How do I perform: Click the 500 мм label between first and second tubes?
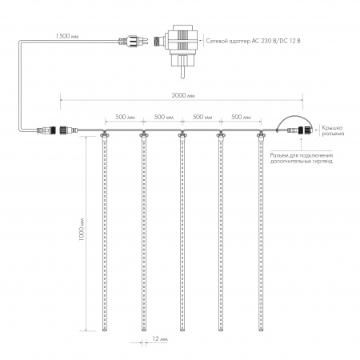coord(124,117)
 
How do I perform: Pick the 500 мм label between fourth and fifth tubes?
coord(242,117)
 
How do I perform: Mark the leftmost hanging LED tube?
coord(105,232)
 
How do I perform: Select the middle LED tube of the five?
coord(182,232)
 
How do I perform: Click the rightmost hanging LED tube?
coord(261,232)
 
